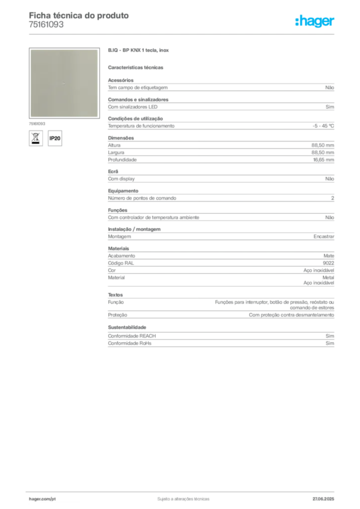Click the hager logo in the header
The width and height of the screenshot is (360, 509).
click(x=315, y=21)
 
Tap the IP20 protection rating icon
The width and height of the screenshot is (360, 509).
click(x=55, y=138)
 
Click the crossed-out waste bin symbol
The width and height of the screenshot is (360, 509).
click(x=36, y=138)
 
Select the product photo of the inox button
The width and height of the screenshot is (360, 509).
click(x=64, y=83)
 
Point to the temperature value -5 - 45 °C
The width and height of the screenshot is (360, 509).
click(x=323, y=126)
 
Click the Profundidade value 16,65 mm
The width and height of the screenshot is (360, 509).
click(x=323, y=160)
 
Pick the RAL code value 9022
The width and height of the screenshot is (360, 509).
click(x=328, y=263)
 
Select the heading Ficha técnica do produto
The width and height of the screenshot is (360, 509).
click(x=79, y=15)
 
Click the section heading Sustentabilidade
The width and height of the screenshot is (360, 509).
click(x=127, y=327)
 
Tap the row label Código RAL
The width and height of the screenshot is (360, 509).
click(x=121, y=263)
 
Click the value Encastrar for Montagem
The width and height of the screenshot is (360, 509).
click(x=324, y=236)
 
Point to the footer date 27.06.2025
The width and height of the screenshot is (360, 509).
click(x=323, y=499)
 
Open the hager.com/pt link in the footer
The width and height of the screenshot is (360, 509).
click(x=42, y=499)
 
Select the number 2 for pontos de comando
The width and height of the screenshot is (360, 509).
click(x=333, y=198)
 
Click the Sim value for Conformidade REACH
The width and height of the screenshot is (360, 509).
click(x=330, y=336)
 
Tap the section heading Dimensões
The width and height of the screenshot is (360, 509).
click(x=121, y=138)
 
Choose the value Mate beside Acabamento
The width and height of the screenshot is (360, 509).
click(x=329, y=256)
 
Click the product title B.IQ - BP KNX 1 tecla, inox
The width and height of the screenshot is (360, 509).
click(x=138, y=50)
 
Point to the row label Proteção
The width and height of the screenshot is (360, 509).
click(x=117, y=315)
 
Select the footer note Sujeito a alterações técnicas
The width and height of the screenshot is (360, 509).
click(x=183, y=499)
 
